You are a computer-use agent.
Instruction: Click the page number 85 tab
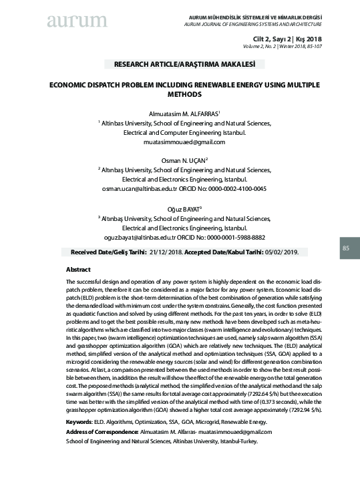click(346, 248)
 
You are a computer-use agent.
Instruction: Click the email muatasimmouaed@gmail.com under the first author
click(180, 142)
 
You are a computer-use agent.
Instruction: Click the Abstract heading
click(79, 268)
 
